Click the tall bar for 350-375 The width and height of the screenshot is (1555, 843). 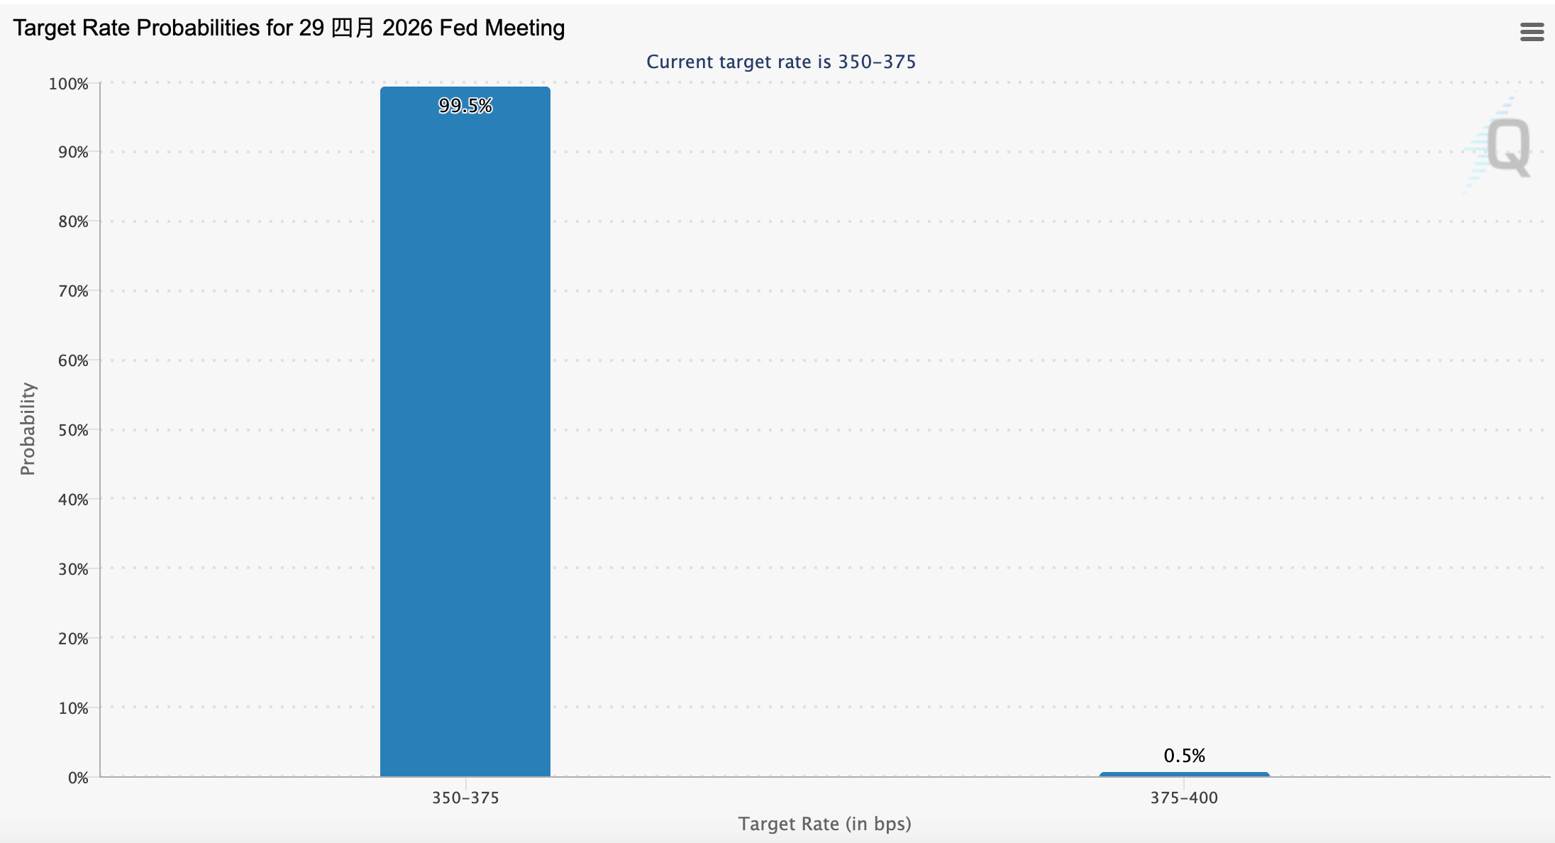click(465, 431)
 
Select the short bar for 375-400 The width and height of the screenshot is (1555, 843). click(1184, 774)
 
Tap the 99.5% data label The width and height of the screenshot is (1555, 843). click(465, 106)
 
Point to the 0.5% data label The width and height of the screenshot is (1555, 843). click(1184, 756)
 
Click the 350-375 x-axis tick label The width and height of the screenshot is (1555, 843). click(465, 798)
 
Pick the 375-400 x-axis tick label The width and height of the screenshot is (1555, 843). click(1184, 798)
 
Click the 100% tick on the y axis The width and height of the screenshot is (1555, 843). click(68, 84)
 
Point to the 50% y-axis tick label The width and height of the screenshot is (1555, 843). click(73, 430)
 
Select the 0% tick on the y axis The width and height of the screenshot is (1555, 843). click(78, 778)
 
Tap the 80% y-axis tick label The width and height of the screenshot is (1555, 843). click(73, 221)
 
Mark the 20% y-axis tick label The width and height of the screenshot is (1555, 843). click(73, 639)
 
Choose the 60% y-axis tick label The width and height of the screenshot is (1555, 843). click(73, 360)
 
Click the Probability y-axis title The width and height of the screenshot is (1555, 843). click(28, 429)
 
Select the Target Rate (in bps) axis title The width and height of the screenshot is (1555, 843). click(824, 824)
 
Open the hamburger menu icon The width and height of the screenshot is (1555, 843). click(1532, 32)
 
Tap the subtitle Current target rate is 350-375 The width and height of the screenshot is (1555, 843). click(781, 62)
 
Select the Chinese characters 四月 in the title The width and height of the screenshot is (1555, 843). click(353, 28)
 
